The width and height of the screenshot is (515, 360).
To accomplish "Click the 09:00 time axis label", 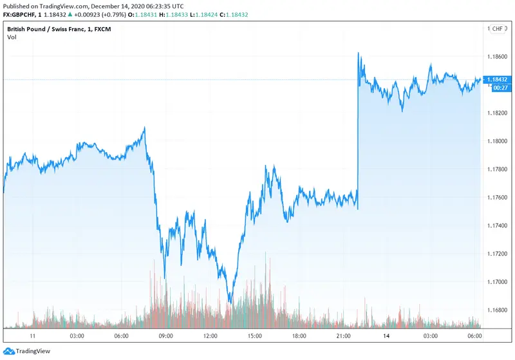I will (166, 336).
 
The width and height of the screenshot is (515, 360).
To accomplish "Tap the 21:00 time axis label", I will (343, 336).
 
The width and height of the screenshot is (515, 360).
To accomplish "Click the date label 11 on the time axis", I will (33, 336).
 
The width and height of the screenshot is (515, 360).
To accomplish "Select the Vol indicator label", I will (12, 37).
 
